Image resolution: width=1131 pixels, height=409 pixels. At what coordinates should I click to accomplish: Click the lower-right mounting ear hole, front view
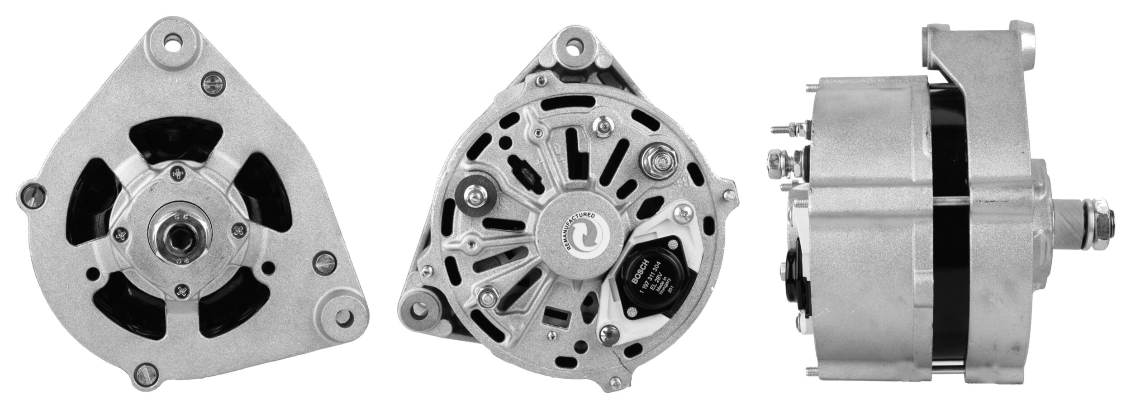(341, 315)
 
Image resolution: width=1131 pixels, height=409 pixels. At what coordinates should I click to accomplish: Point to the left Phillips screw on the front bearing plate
(122, 234)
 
